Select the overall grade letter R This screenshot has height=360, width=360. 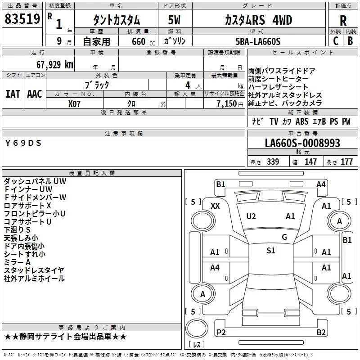343,21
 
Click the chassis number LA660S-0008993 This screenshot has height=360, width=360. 302,144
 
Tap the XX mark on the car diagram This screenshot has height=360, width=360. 215,206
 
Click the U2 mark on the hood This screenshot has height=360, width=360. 251,216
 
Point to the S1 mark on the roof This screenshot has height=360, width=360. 270,251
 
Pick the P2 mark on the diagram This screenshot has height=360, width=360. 221,332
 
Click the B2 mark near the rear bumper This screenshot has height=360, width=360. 321,332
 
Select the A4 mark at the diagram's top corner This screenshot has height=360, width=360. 321,184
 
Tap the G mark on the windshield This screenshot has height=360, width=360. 284,237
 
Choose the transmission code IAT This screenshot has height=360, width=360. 13,94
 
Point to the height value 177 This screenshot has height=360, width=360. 346,162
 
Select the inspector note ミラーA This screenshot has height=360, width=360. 17,262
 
